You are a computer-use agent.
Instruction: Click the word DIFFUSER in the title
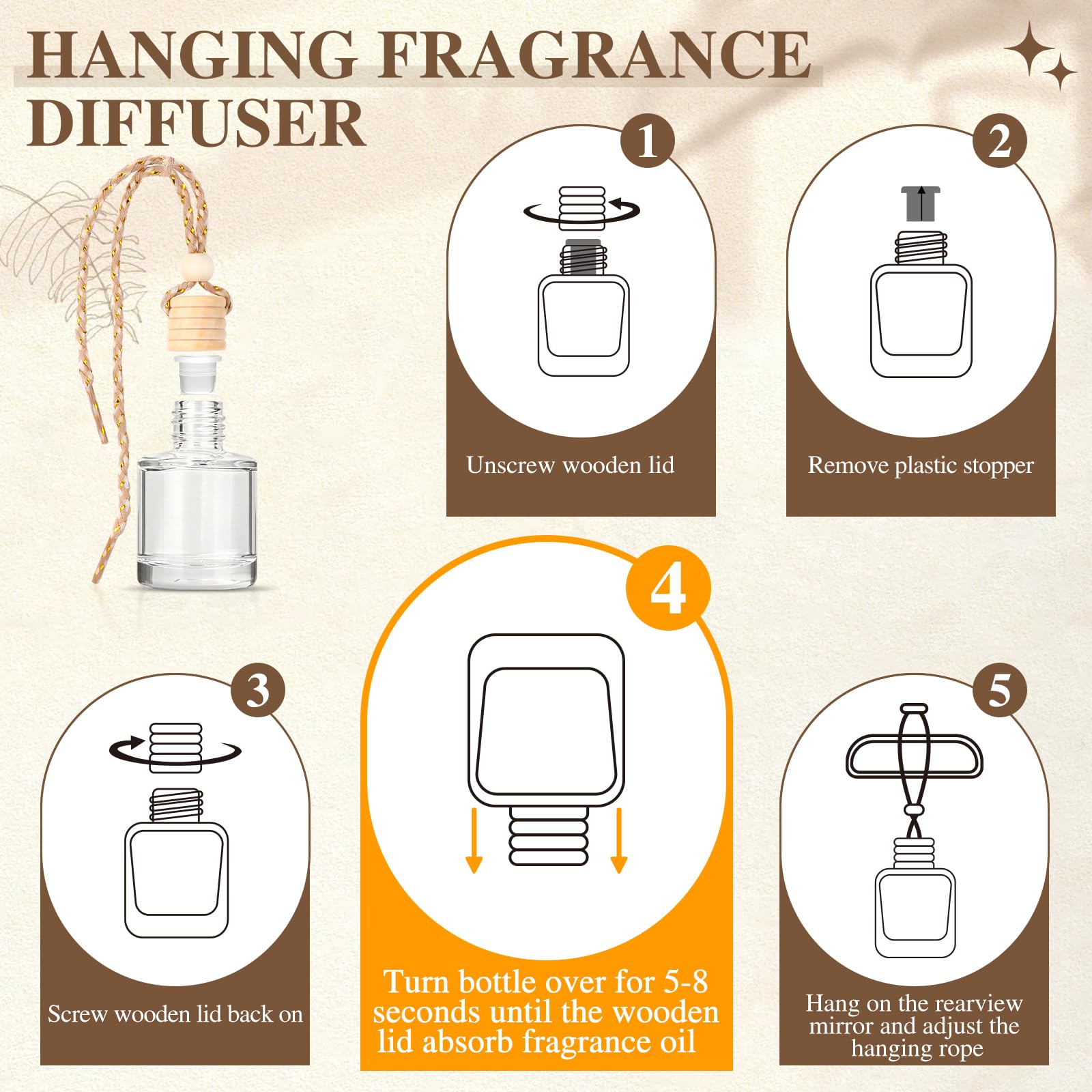[197, 123]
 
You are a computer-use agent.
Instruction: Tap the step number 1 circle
[647, 141]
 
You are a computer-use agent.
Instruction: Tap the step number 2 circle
[999, 141]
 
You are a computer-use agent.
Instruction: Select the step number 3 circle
[258, 690]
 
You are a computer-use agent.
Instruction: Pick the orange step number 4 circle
[668, 588]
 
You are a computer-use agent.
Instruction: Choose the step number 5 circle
[999, 690]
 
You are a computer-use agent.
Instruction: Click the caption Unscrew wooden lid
[570, 465]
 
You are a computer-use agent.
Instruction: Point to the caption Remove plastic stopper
[920, 465]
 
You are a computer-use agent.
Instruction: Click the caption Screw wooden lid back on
[175, 1014]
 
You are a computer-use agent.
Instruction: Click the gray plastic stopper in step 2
[921, 203]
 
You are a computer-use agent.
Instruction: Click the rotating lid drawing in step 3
[175, 748]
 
